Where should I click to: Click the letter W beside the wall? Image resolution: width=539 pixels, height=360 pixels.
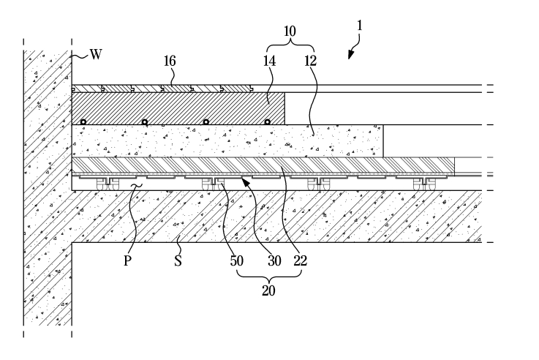[96, 53]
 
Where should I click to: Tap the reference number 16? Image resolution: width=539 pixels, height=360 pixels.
[170, 62]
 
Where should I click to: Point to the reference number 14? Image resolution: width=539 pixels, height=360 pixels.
[269, 62]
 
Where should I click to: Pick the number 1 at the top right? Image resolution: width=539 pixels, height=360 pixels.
[361, 26]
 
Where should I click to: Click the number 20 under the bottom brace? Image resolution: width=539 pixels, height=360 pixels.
[269, 290]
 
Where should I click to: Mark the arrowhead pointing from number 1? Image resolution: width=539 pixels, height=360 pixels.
[350, 55]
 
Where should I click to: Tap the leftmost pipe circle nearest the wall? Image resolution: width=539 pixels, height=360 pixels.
[85, 121]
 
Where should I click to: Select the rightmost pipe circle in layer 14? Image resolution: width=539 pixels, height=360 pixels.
[268, 121]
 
